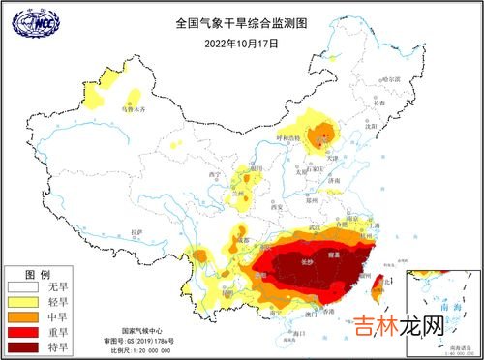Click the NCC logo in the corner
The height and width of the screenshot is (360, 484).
coord(28,21)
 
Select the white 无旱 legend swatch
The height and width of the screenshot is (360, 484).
coord(23,287)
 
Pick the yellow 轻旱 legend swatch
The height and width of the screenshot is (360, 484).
coord(23,302)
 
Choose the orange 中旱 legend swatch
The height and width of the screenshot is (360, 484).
coord(23,316)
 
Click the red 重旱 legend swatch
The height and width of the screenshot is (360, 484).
coord(23,331)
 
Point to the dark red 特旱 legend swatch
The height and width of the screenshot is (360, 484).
coord(23,345)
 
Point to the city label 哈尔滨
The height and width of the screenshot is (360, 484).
coord(390,77)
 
